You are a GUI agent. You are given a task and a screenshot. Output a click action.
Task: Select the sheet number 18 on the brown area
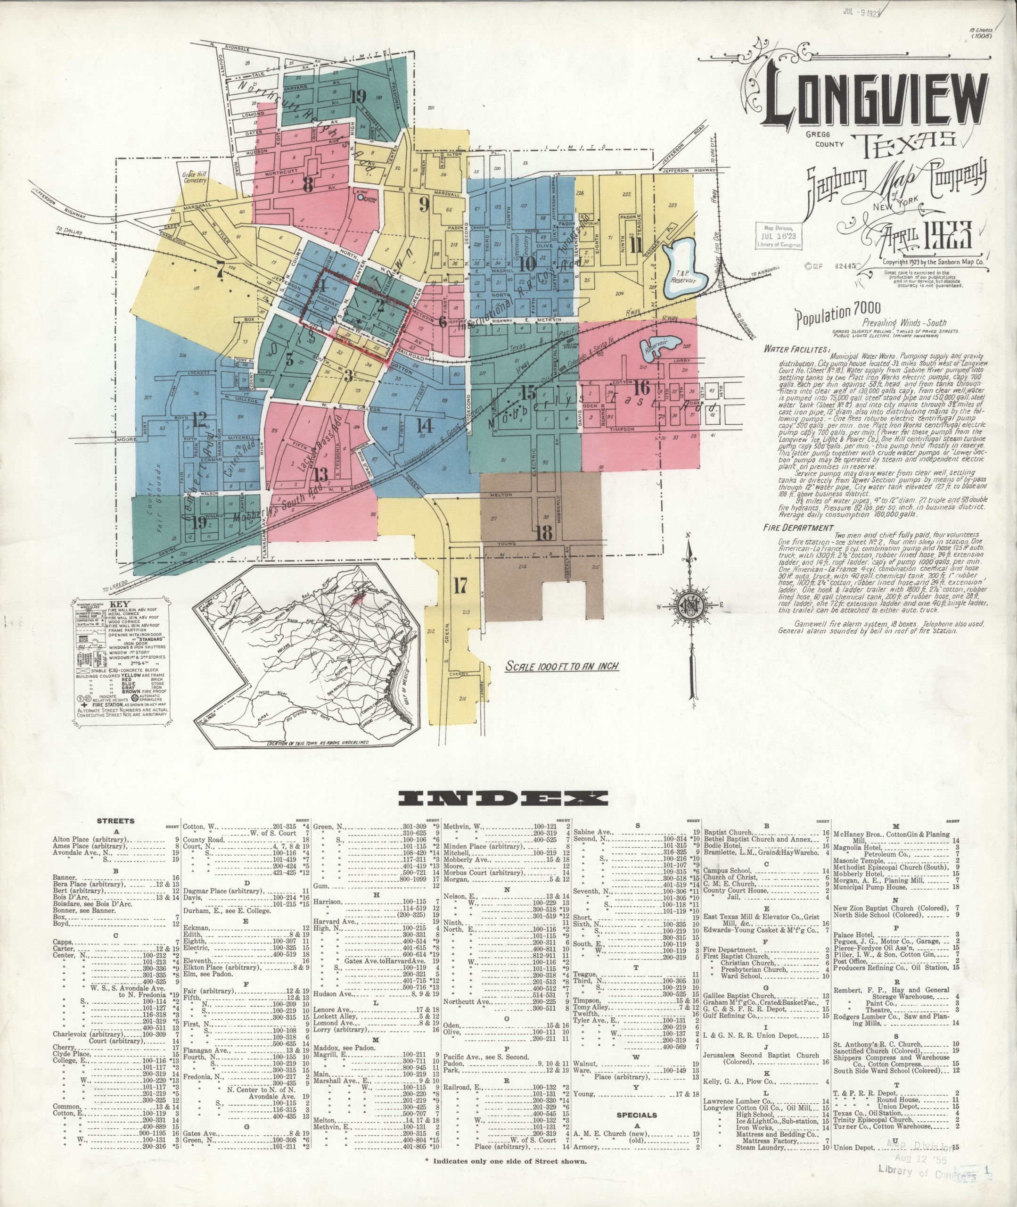click(544, 533)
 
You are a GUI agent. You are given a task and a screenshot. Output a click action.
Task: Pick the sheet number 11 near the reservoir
click(637, 246)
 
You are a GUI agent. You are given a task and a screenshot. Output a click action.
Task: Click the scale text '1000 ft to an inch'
click(562, 666)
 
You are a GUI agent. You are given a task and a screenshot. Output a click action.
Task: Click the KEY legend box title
click(124, 607)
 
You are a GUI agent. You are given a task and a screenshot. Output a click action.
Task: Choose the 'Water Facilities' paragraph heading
click(796, 349)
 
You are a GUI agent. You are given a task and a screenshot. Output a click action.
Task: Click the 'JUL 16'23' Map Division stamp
click(779, 236)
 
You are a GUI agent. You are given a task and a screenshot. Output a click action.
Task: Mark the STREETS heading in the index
click(116, 821)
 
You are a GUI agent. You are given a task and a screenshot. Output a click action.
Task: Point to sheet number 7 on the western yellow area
click(219, 269)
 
